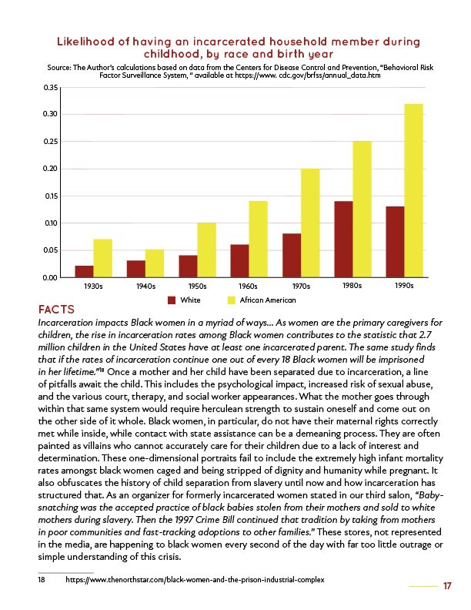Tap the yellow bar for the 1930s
[x=102, y=258]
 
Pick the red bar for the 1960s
[x=240, y=261]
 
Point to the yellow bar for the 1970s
[x=309, y=223]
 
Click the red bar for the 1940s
[x=135, y=269]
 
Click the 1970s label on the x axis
[x=300, y=285]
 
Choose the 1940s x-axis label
[x=145, y=285]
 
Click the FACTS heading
[x=56, y=309]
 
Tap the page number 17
[x=447, y=586]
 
